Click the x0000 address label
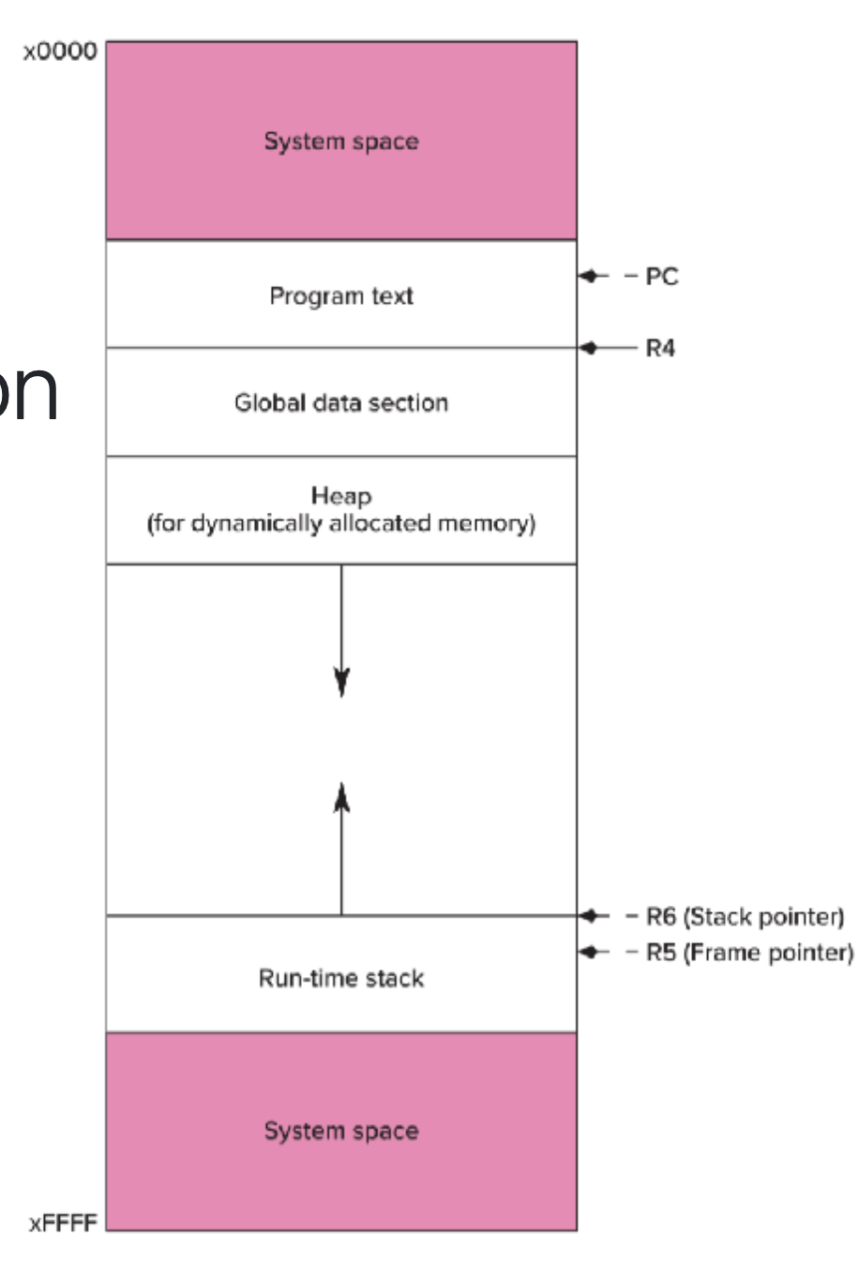point(60,52)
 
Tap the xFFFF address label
point(62,1224)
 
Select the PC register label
point(661,277)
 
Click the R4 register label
point(660,349)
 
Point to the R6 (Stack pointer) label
point(745,915)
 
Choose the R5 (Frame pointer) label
point(749,953)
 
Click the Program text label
point(341,296)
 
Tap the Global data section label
point(341,403)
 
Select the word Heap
point(341,495)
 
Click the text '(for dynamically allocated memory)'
point(341,523)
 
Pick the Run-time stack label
point(341,979)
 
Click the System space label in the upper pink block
point(341,142)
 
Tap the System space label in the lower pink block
point(341,1131)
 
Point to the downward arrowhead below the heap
point(341,681)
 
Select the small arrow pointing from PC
point(589,276)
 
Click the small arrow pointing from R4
point(589,348)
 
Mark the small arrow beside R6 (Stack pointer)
point(589,915)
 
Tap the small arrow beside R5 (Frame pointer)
point(589,953)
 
